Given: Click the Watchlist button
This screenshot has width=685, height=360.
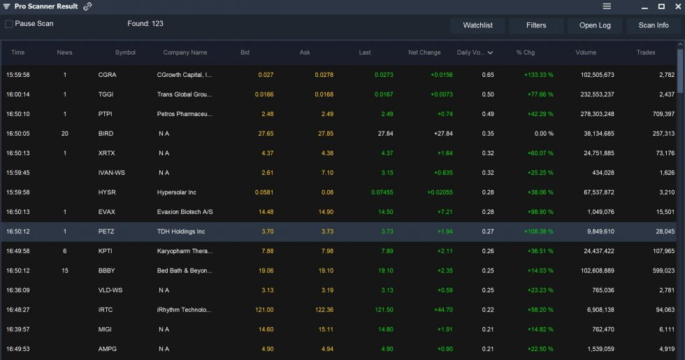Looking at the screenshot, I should [x=477, y=25].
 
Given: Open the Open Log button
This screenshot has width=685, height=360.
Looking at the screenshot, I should [x=595, y=25].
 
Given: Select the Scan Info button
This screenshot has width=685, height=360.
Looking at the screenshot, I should [x=653, y=25].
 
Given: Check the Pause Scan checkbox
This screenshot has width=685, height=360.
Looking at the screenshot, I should [x=9, y=24].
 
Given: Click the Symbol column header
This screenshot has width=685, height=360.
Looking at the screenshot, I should [x=125, y=52].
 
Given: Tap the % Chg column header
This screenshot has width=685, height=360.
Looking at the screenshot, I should [x=525, y=52].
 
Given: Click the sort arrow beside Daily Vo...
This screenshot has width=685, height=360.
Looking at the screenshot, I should [x=490, y=52].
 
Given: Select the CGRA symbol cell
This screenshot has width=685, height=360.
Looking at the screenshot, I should [x=107, y=75].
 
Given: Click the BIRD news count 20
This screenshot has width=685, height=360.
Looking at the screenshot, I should [x=65, y=134].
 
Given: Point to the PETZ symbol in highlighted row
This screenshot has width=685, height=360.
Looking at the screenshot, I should [x=106, y=231].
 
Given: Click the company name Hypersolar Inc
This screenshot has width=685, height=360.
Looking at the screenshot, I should [x=176, y=192].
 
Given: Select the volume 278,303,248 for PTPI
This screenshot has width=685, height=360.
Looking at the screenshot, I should [x=592, y=114].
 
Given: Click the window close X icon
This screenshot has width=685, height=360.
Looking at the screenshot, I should [x=677, y=6].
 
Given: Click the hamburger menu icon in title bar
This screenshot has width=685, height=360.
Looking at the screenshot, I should [x=607, y=6].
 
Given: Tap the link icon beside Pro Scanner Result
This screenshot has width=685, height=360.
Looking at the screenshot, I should [x=87, y=6].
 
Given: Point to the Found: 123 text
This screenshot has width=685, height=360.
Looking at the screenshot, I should [x=145, y=24].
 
